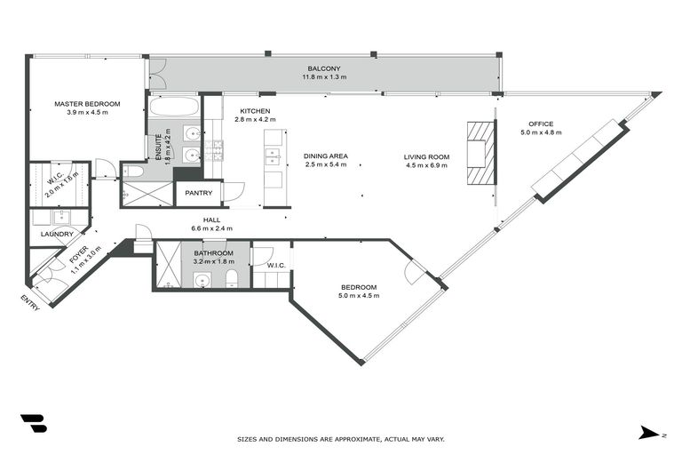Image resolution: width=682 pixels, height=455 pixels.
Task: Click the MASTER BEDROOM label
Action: tap(87, 104)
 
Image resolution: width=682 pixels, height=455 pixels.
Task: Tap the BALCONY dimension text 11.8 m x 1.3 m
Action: tap(324, 77)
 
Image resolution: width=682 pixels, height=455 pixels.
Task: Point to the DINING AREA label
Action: tap(326, 156)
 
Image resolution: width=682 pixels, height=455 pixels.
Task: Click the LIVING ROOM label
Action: tap(427, 156)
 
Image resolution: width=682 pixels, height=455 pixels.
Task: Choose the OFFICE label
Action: tap(540, 124)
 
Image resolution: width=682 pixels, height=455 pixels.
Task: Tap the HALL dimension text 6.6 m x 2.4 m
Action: tap(211, 228)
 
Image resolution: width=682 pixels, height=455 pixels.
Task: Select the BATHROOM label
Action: tap(214, 253)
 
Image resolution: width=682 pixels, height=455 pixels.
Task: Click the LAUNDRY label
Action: tap(57, 235)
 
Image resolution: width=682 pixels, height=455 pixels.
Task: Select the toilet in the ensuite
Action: tap(131, 171)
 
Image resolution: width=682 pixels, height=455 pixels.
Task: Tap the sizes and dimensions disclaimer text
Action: tap(341, 439)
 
